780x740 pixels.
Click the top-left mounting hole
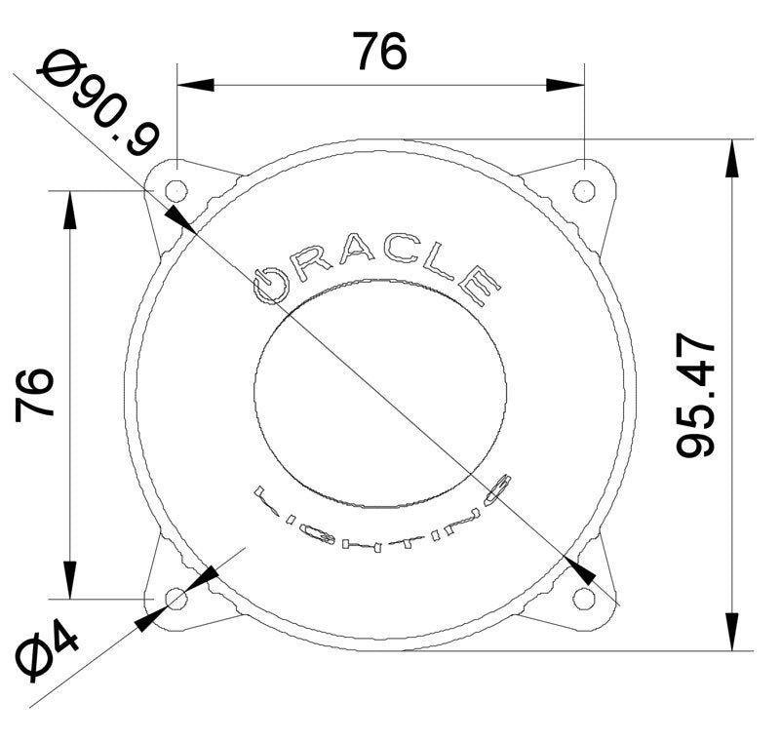pyautogui.click(x=176, y=189)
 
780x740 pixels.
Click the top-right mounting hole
pyautogui.click(x=583, y=189)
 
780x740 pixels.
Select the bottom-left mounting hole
pyautogui.click(x=176, y=598)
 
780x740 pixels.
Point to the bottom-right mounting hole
pyautogui.click(x=583, y=597)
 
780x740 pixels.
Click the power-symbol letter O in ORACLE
pyautogui.click(x=268, y=284)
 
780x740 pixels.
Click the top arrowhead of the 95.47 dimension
pyautogui.click(x=731, y=156)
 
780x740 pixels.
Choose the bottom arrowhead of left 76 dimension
pyautogui.click(x=69, y=579)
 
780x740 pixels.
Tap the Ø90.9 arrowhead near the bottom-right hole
pyautogui.click(x=577, y=567)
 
